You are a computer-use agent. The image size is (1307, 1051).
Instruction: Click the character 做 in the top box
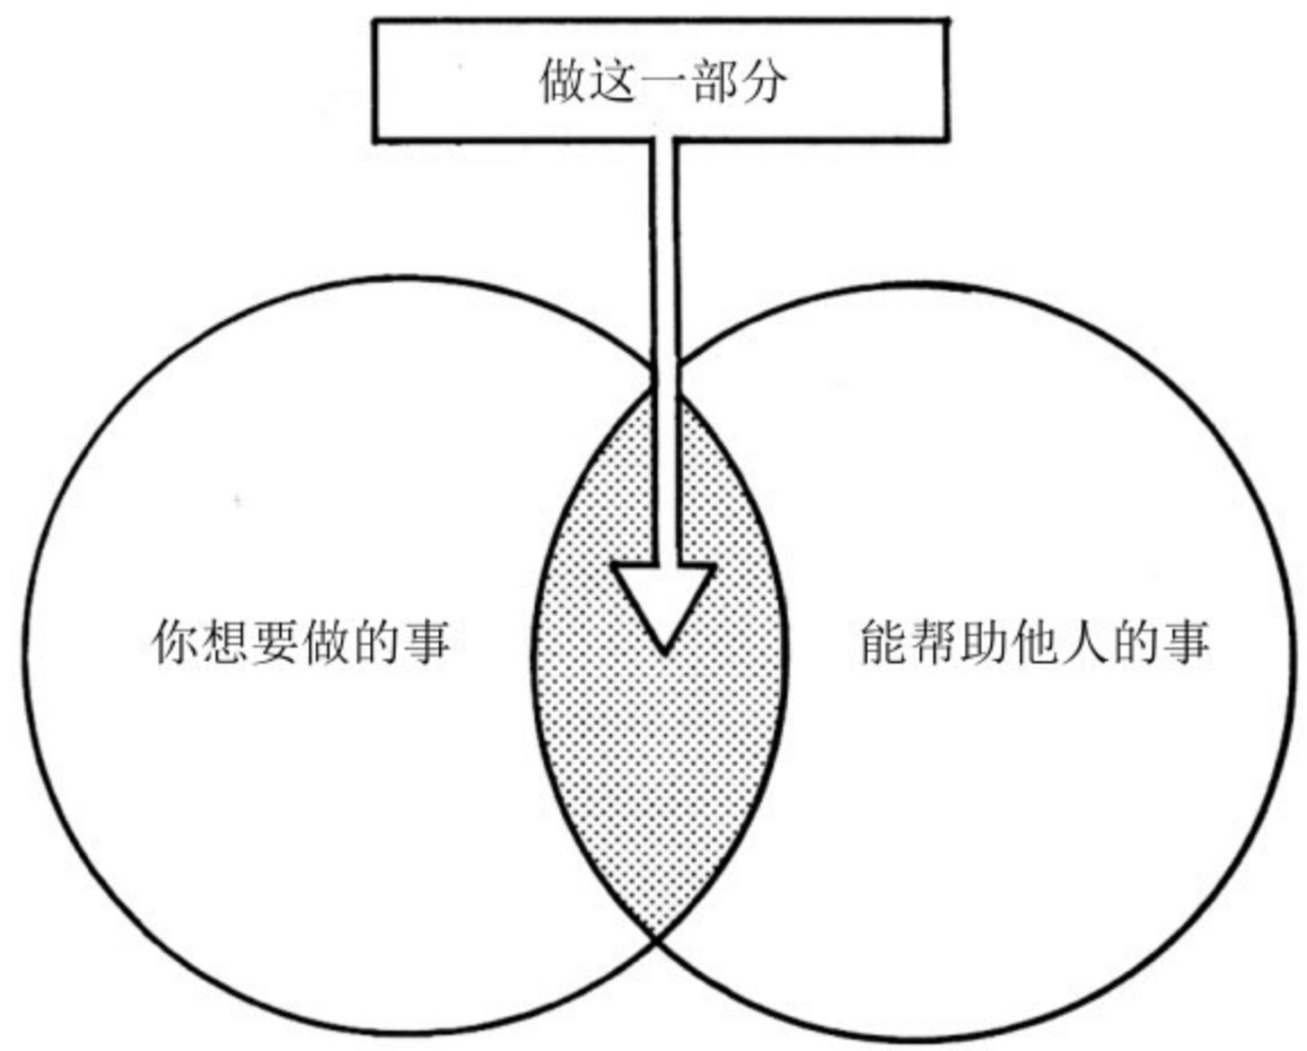pyautogui.click(x=564, y=81)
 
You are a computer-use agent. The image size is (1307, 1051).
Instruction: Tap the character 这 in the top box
pyautogui.click(x=614, y=81)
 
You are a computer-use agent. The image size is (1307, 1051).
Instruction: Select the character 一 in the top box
pyautogui.click(x=664, y=81)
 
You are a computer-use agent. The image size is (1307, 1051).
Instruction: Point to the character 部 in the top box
pyautogui.click(x=715, y=81)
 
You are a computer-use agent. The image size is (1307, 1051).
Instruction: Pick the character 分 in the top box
pyautogui.click(x=765, y=81)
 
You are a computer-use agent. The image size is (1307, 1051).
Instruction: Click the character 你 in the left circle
pyautogui.click(x=174, y=641)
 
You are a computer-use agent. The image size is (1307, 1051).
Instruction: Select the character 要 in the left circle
pyautogui.click(x=275, y=641)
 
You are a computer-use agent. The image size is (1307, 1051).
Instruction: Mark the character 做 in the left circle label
pyautogui.click(x=325, y=641)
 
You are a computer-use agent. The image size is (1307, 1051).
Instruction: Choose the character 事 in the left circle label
pyautogui.click(x=425, y=641)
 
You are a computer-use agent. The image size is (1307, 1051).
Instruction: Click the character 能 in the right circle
pyautogui.click(x=885, y=641)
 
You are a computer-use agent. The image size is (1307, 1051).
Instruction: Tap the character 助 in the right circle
pyautogui.click(x=986, y=641)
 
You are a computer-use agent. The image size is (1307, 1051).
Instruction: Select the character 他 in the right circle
pyautogui.click(x=1036, y=641)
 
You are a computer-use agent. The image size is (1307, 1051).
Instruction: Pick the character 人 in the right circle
pyautogui.click(x=1086, y=641)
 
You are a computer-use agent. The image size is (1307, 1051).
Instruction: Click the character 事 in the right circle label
pyautogui.click(x=1187, y=641)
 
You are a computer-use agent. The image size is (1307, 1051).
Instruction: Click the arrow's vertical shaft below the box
pyautogui.click(x=663, y=269)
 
